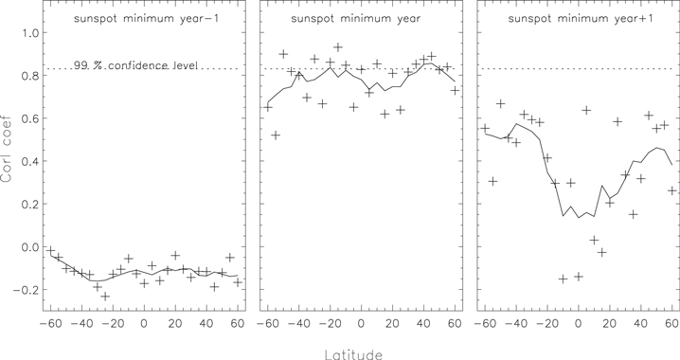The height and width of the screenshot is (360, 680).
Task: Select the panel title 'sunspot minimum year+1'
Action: (x=576, y=18)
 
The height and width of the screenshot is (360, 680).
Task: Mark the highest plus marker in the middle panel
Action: (x=338, y=47)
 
